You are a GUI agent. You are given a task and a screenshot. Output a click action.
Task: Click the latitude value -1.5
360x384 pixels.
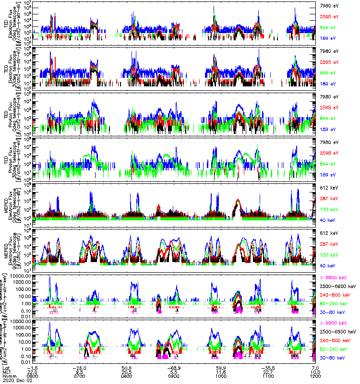pyautogui.click(x=32, y=367)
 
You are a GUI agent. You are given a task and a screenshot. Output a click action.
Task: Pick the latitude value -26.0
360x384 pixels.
pyautogui.click(x=79, y=367)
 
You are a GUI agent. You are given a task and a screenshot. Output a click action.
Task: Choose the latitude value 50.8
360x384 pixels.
pyautogui.click(x=126, y=367)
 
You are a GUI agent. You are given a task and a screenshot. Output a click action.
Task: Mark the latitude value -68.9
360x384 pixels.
pyautogui.click(x=173, y=367)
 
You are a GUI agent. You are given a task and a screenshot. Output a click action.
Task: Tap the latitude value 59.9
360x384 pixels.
pyautogui.click(x=220, y=367)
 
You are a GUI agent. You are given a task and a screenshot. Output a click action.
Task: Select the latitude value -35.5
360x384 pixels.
pyautogui.click(x=267, y=367)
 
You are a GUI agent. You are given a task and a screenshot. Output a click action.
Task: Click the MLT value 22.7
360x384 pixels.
pyautogui.click(x=267, y=372)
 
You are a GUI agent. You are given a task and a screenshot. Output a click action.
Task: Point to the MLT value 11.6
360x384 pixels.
pyautogui.click(x=220, y=372)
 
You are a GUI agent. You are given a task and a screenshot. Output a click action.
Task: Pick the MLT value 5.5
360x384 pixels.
pyautogui.click(x=173, y=372)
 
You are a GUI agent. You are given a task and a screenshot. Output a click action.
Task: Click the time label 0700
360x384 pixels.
pyautogui.click(x=79, y=376)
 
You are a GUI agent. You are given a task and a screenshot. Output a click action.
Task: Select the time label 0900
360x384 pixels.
pyautogui.click(x=173, y=376)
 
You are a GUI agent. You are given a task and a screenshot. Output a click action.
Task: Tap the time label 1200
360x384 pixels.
pyautogui.click(x=314, y=376)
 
